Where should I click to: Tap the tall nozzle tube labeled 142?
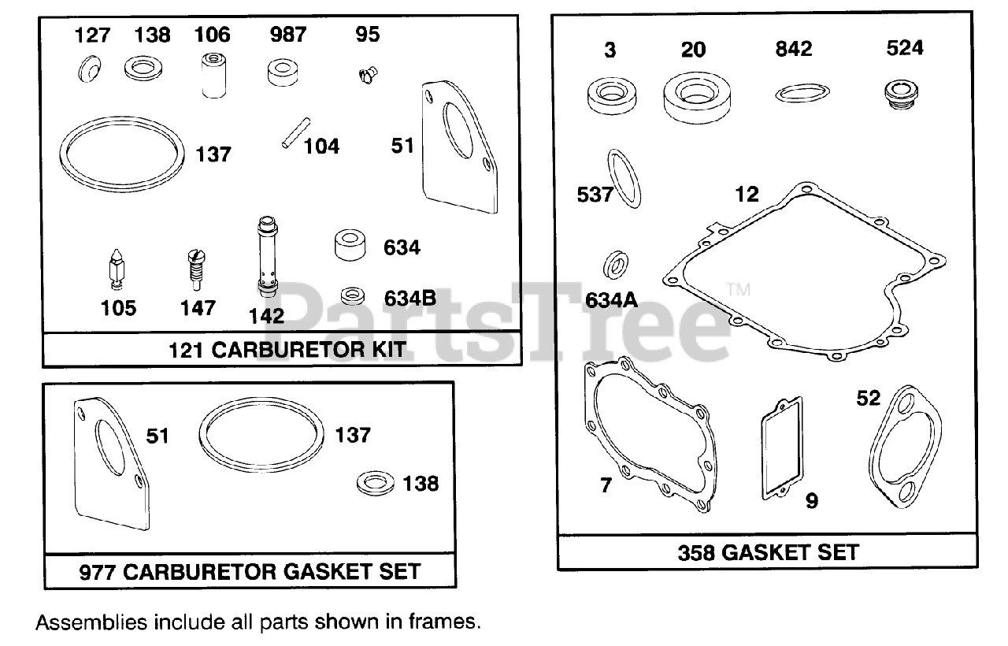pos(265,256)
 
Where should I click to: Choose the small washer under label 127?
pos(87,72)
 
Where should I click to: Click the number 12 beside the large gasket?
pos(748,193)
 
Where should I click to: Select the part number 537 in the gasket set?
pos(595,194)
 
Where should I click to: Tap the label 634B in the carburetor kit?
pos(410,298)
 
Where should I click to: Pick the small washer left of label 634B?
pos(352,297)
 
